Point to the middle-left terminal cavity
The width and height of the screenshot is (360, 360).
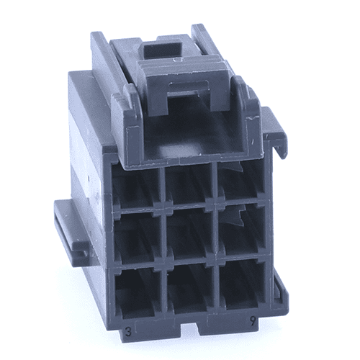tap(137, 236)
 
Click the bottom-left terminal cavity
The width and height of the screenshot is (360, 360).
tap(137, 292)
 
